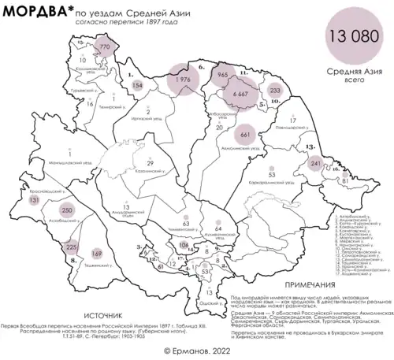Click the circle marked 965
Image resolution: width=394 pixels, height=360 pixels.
pyautogui.click(x=222, y=73)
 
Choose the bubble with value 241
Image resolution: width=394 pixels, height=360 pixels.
pyautogui.click(x=317, y=163)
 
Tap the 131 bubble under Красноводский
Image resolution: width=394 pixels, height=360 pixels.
pyautogui.click(x=33, y=202)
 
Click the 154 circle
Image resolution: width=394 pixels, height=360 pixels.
pyautogui.click(x=138, y=85)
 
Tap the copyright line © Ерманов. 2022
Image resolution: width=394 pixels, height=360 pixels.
pyautogui.click(x=198, y=347)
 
